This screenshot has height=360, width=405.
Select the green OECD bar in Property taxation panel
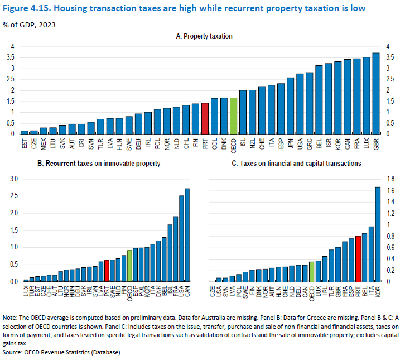(233, 116)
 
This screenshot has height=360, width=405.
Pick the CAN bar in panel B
(186, 235)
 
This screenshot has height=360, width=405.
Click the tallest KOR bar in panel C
(378, 234)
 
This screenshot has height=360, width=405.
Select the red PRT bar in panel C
(358, 259)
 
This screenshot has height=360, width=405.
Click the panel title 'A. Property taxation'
(204, 36)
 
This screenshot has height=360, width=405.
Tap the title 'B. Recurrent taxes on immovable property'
(98, 164)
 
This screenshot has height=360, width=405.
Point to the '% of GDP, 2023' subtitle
(29, 25)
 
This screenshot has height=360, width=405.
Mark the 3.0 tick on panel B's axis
(11, 179)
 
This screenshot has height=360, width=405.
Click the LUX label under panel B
(26, 290)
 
